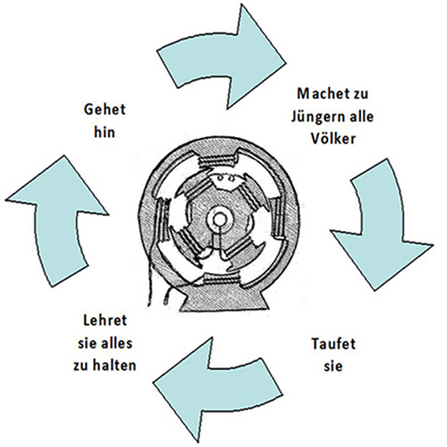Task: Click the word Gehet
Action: click(104, 110)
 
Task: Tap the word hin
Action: click(104, 132)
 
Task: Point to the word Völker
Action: click(333, 139)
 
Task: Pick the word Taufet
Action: click(334, 343)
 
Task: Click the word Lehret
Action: click(105, 320)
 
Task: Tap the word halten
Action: click(119, 366)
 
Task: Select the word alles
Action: click(116, 343)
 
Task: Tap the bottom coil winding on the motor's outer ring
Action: click(221, 280)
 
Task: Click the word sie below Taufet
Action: click(333, 367)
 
